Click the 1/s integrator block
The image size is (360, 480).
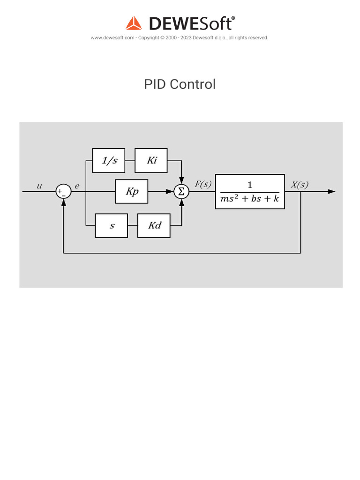(x=109, y=160)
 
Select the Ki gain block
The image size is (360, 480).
(x=151, y=160)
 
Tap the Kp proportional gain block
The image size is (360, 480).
(x=132, y=191)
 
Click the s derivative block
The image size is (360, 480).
(x=112, y=225)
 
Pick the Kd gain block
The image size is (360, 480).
(x=154, y=225)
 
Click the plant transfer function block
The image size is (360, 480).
(x=250, y=191)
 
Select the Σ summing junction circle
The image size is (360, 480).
(x=181, y=191)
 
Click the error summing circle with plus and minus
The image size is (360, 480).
(x=63, y=191)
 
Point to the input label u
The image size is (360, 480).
(x=39, y=186)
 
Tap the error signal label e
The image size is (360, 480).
(x=77, y=186)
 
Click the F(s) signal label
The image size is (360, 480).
(x=203, y=184)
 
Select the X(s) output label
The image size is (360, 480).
(x=300, y=184)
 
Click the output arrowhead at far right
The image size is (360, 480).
(x=332, y=191)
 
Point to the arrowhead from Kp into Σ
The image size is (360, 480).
(x=170, y=191)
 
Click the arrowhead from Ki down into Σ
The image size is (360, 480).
(x=181, y=181)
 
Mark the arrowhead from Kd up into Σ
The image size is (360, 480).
(x=181, y=202)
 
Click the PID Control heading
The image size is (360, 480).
(x=180, y=84)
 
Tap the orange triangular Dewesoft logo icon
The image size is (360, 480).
(x=134, y=23)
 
